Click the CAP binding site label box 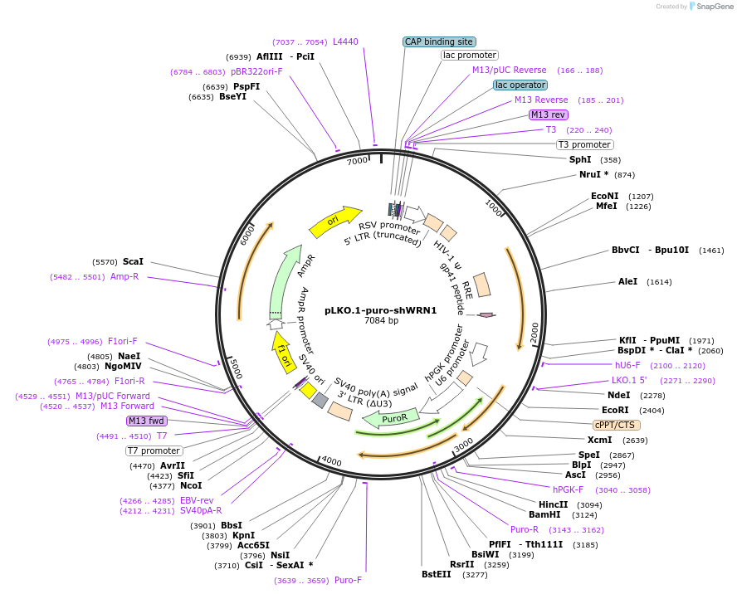[x=439, y=41]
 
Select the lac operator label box [x=520, y=85]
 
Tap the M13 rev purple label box [x=549, y=114]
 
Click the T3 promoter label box [x=584, y=144]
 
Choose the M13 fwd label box [x=147, y=421]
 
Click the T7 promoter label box [x=154, y=450]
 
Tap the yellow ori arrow [x=334, y=221]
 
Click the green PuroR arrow [x=391, y=419]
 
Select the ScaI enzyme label [x=133, y=261]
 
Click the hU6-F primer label [x=627, y=365]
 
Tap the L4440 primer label [x=345, y=41]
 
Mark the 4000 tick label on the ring [x=331, y=461]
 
